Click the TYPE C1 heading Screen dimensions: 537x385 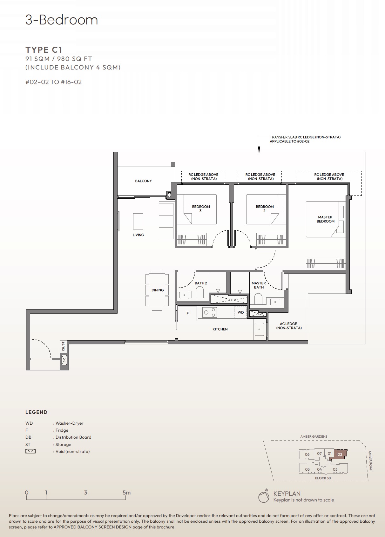tap(44, 50)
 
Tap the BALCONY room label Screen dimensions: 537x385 tap(143, 181)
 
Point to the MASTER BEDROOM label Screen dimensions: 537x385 tap(325, 219)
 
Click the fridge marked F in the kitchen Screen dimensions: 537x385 tap(187, 313)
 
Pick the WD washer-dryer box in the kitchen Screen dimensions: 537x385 tap(240, 312)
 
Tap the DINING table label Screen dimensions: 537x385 tap(158, 290)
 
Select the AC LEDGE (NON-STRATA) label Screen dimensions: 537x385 tap(288, 326)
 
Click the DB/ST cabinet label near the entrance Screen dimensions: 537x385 tap(63, 346)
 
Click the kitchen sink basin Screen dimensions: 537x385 tap(259, 329)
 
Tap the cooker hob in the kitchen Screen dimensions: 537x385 tap(210, 313)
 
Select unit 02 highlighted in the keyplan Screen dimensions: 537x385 tap(340, 454)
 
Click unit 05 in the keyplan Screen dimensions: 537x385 tap(307, 469)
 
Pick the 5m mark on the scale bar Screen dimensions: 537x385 tap(126, 493)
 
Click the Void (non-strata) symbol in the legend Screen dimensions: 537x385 tap(30, 451)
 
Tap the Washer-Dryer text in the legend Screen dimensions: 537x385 tap(69, 423)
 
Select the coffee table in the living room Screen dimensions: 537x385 tap(138, 221)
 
